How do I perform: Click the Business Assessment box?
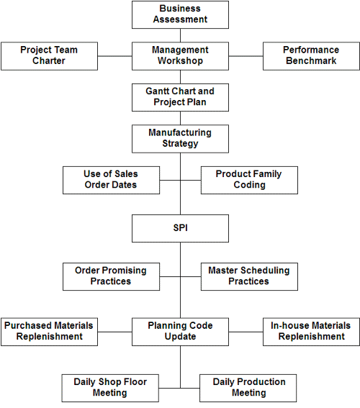click(180, 15)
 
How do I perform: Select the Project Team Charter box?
click(49, 56)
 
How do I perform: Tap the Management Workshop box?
click(180, 56)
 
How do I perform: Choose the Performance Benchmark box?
click(311, 56)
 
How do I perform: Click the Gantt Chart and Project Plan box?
click(180, 98)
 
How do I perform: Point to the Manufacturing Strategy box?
click(180, 139)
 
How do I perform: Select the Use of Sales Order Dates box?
click(111, 181)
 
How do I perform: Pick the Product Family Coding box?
click(249, 181)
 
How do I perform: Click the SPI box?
click(180, 228)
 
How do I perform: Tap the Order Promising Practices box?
click(111, 276)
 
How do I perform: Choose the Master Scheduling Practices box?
click(249, 276)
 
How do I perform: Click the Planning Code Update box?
click(180, 332)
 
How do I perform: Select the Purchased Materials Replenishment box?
click(49, 332)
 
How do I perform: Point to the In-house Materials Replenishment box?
click(311, 332)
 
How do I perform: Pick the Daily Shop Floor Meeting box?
click(110, 389)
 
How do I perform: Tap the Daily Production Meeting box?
click(248, 389)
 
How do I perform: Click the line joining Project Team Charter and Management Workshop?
click(114, 56)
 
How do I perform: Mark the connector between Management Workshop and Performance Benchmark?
click(246, 56)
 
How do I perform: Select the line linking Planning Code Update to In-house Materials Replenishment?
click(246, 332)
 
